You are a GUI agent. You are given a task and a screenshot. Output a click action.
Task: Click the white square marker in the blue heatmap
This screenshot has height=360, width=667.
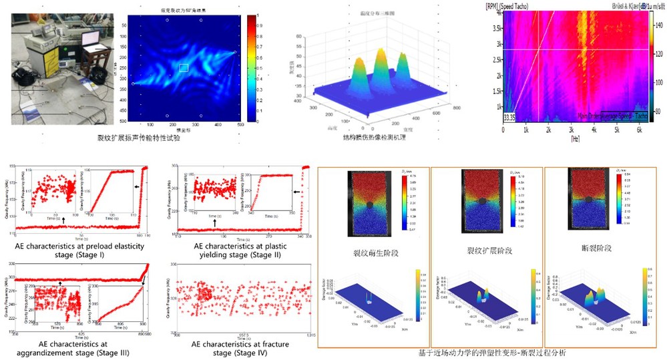(x=184, y=67)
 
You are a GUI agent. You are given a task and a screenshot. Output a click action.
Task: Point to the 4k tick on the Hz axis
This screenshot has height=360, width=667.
(x=594, y=132)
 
